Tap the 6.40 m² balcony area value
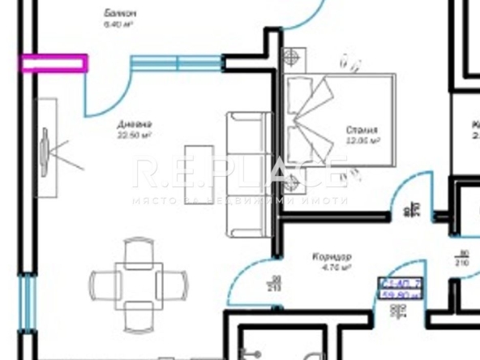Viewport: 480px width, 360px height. click(118, 25)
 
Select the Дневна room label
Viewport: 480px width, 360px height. click(135, 124)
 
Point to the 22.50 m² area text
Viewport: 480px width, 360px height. click(135, 135)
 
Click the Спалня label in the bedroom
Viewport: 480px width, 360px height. click(362, 130)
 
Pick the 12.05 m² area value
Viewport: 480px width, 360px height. click(362, 140)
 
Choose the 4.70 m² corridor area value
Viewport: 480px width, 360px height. click(333, 267)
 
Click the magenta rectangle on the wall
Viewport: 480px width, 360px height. click(54, 63)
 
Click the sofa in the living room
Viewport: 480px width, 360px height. click(247, 174)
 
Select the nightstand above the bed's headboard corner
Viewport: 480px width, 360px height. click(290, 58)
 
